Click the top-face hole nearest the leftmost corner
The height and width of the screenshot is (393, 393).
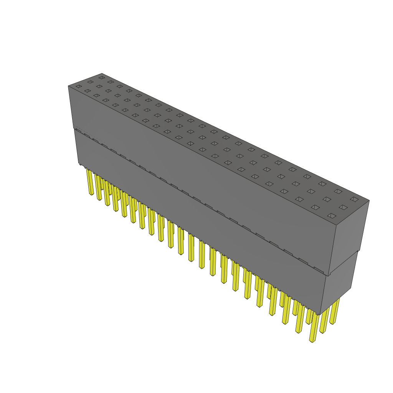(79, 86)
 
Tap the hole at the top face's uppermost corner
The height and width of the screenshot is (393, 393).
(101, 78)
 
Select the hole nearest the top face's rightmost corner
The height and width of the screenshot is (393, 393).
(354, 199)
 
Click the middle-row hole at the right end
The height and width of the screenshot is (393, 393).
(343, 207)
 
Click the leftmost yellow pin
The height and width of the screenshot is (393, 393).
(90, 183)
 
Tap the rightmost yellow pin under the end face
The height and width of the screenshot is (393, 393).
(335, 311)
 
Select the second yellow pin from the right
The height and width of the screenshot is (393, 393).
(325, 320)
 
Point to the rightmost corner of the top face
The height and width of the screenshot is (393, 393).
(369, 200)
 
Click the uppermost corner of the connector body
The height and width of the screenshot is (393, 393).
(102, 73)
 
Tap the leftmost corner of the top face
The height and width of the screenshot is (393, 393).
(68, 86)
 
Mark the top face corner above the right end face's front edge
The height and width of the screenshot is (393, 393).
(336, 225)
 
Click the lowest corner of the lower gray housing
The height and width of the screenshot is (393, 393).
(319, 315)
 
